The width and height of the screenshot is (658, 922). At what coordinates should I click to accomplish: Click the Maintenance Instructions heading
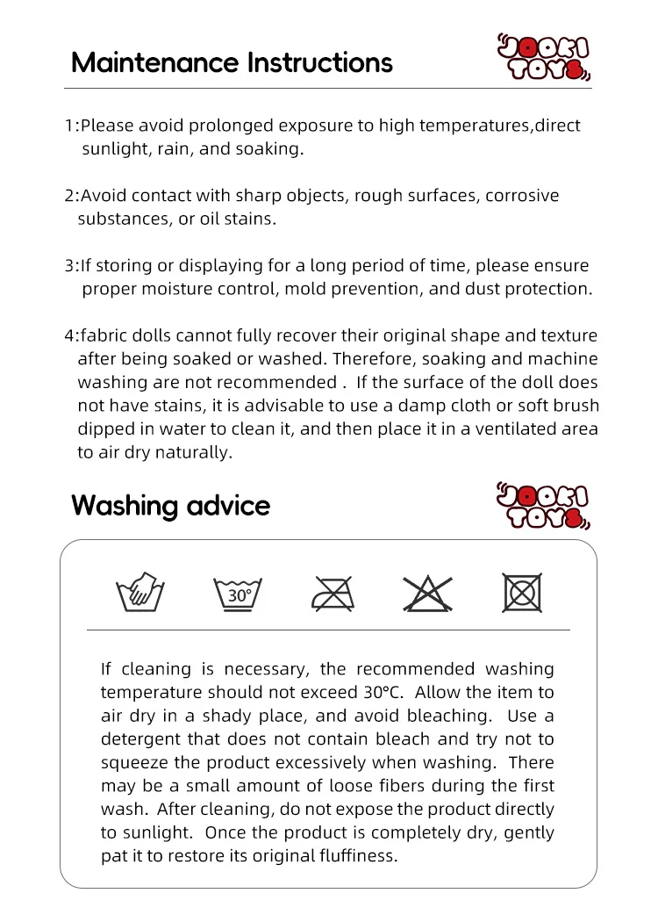pyautogui.click(x=232, y=63)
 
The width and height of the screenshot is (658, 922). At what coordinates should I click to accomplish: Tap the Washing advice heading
pyautogui.click(x=170, y=506)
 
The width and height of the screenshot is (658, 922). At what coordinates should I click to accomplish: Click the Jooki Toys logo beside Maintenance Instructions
pyautogui.click(x=544, y=58)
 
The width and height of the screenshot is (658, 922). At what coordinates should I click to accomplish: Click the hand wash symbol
pyautogui.click(x=141, y=593)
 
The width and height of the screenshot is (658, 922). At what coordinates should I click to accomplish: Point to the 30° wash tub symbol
pyautogui.click(x=240, y=594)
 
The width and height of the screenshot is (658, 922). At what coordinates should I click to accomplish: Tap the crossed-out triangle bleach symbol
pyautogui.click(x=428, y=594)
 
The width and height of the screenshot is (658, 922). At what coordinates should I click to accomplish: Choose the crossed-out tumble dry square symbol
pyautogui.click(x=522, y=593)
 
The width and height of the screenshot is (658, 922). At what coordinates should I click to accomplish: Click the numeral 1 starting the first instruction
pyautogui.click(x=68, y=126)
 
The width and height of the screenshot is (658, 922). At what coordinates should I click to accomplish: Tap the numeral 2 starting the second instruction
pyautogui.click(x=69, y=196)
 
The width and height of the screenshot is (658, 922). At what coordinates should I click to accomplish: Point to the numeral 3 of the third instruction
pyautogui.click(x=69, y=266)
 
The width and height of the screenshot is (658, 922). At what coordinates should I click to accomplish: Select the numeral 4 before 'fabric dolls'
pyautogui.click(x=69, y=336)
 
